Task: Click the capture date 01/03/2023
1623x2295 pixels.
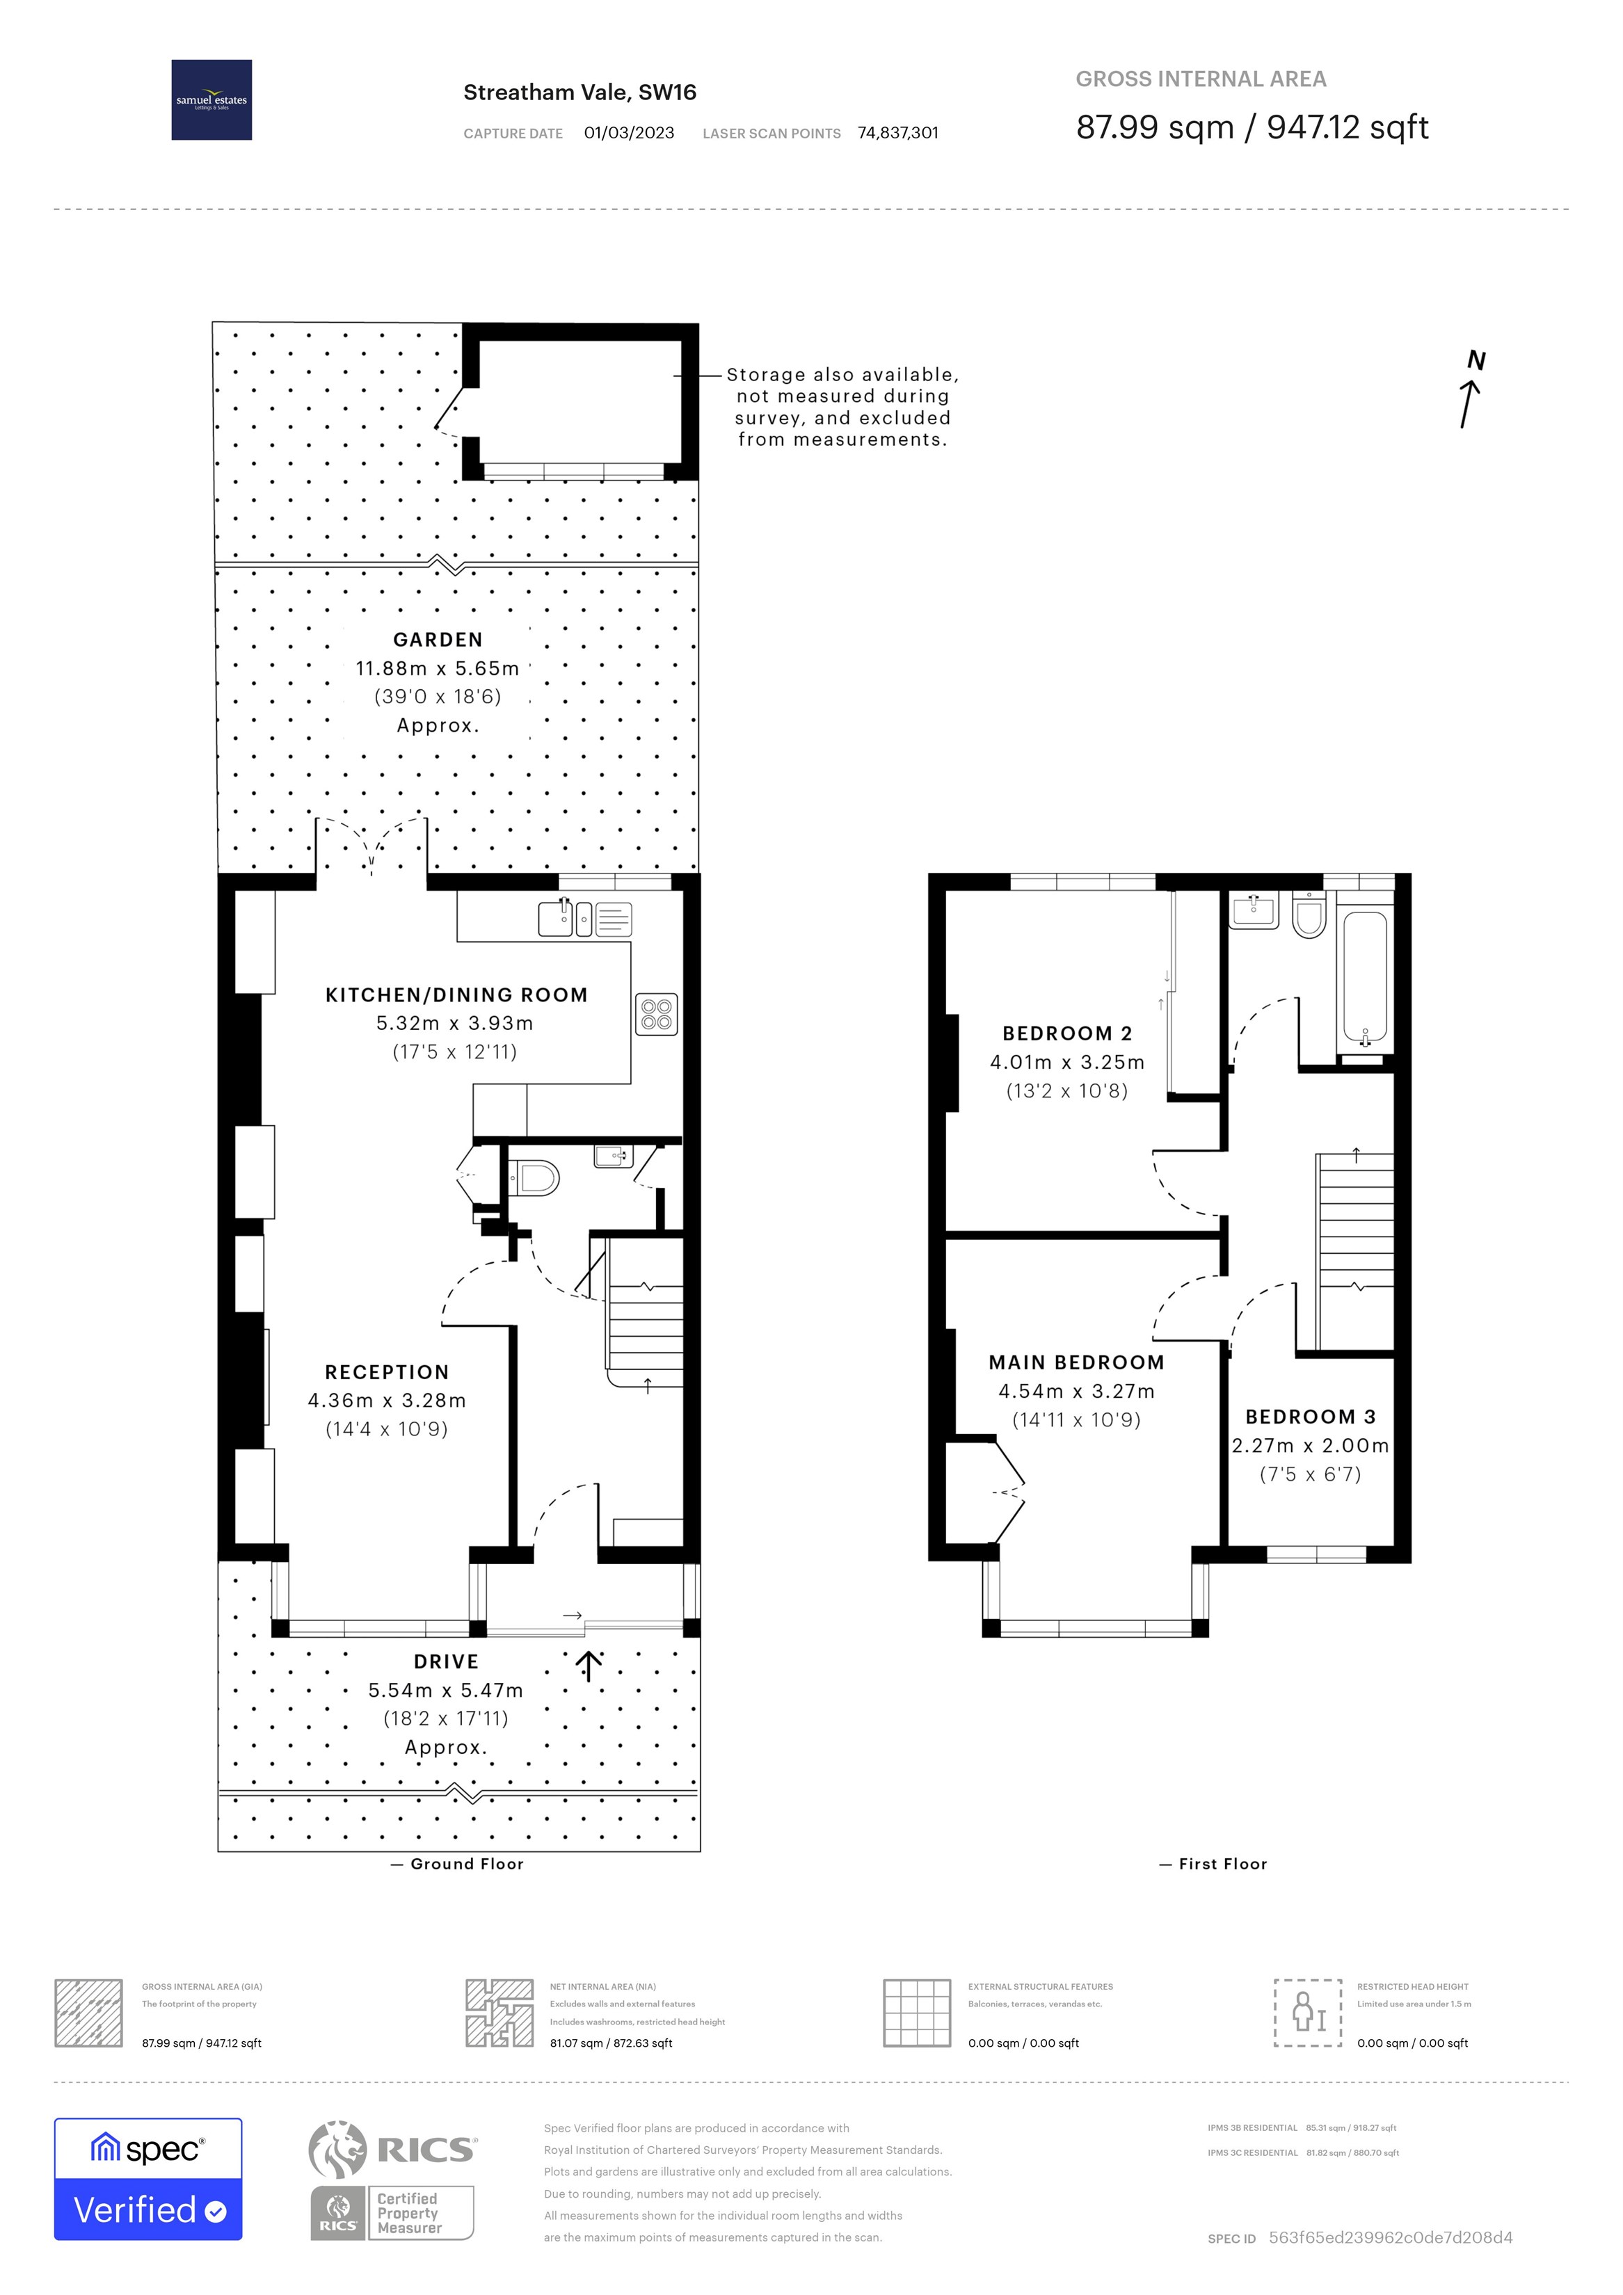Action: [628, 133]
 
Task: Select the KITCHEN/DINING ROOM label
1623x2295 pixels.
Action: [456, 994]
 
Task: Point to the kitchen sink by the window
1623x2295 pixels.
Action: [555, 917]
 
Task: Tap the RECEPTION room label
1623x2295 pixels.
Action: [387, 1372]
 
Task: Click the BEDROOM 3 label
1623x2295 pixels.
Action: [1310, 1417]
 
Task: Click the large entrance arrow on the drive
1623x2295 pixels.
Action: [589, 1666]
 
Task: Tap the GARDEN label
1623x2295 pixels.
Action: [438, 640]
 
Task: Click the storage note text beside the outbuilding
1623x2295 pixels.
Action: [842, 407]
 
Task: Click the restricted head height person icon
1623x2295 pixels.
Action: [1307, 2012]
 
